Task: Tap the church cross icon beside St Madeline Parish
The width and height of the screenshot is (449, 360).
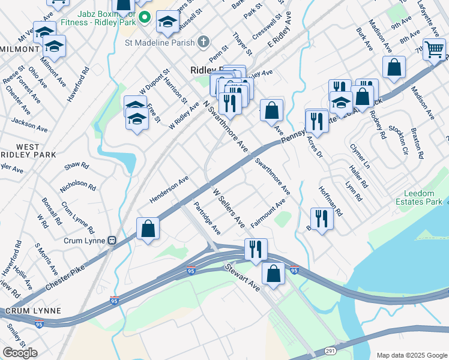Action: click(204, 41)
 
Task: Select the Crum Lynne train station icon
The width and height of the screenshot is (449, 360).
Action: click(112, 239)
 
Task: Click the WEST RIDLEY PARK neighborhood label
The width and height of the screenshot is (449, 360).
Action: click(28, 151)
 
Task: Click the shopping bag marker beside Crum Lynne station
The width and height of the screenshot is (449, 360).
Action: click(148, 229)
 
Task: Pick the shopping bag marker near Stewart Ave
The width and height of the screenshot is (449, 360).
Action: click(274, 273)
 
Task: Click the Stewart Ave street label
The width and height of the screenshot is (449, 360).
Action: click(243, 278)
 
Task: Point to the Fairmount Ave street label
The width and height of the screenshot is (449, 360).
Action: click(268, 214)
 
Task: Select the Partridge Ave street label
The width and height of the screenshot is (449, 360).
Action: click(207, 218)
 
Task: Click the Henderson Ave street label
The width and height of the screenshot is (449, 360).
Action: click(169, 188)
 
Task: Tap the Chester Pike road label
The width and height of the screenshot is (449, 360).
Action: click(64, 277)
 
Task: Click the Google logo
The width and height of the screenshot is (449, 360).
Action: click(20, 352)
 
